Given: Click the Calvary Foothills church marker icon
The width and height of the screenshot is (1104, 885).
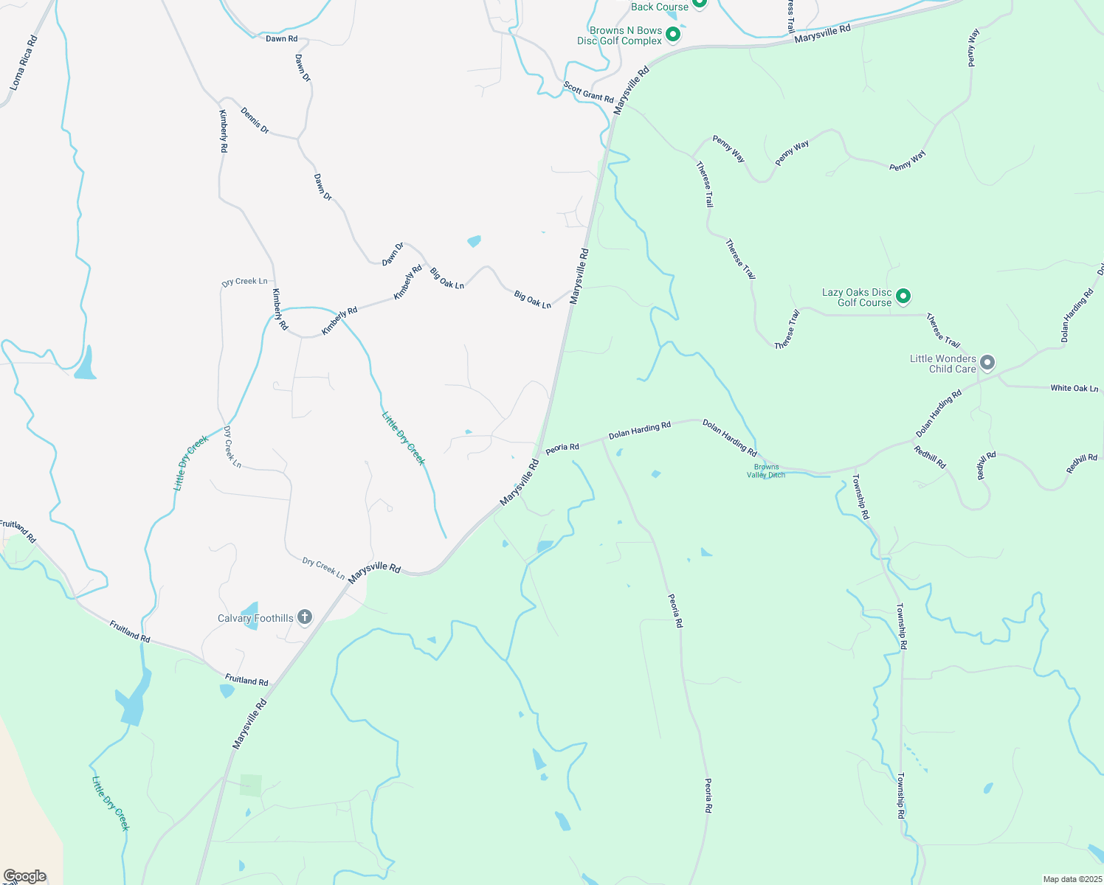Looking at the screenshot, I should click(x=305, y=618).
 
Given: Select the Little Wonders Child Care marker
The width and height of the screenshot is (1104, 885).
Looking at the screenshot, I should click(x=988, y=363).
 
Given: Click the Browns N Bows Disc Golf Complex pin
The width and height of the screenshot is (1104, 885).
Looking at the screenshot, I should click(x=672, y=35).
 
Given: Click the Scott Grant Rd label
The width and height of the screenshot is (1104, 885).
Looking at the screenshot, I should click(x=588, y=92).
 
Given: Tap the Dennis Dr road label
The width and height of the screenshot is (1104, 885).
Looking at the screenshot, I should click(x=255, y=120).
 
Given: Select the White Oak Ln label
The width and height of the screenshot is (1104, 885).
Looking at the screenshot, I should click(x=1074, y=388).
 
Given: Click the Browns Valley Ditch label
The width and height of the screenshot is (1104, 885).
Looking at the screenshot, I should click(x=766, y=471).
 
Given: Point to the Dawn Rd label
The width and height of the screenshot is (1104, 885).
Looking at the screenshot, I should click(x=281, y=38).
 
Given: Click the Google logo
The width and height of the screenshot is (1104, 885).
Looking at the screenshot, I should click(x=25, y=876).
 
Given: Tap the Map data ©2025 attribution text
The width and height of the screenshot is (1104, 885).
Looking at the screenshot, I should click(x=1071, y=879).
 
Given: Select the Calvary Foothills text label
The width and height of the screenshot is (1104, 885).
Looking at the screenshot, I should click(x=255, y=618).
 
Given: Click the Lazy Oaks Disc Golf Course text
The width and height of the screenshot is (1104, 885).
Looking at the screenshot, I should click(x=857, y=297).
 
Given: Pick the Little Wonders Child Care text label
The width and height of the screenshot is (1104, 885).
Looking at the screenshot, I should click(x=942, y=364).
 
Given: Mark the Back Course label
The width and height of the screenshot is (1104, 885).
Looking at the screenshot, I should click(x=659, y=7).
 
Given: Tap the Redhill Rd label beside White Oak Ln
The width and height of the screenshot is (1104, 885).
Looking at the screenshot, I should click(x=1082, y=463).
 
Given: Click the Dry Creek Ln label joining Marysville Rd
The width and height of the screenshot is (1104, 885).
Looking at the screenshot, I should click(x=323, y=567).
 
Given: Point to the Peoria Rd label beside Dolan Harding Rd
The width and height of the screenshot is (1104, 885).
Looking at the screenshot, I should click(x=562, y=448).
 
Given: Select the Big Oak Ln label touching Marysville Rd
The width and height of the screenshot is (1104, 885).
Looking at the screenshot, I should click(x=532, y=299).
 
